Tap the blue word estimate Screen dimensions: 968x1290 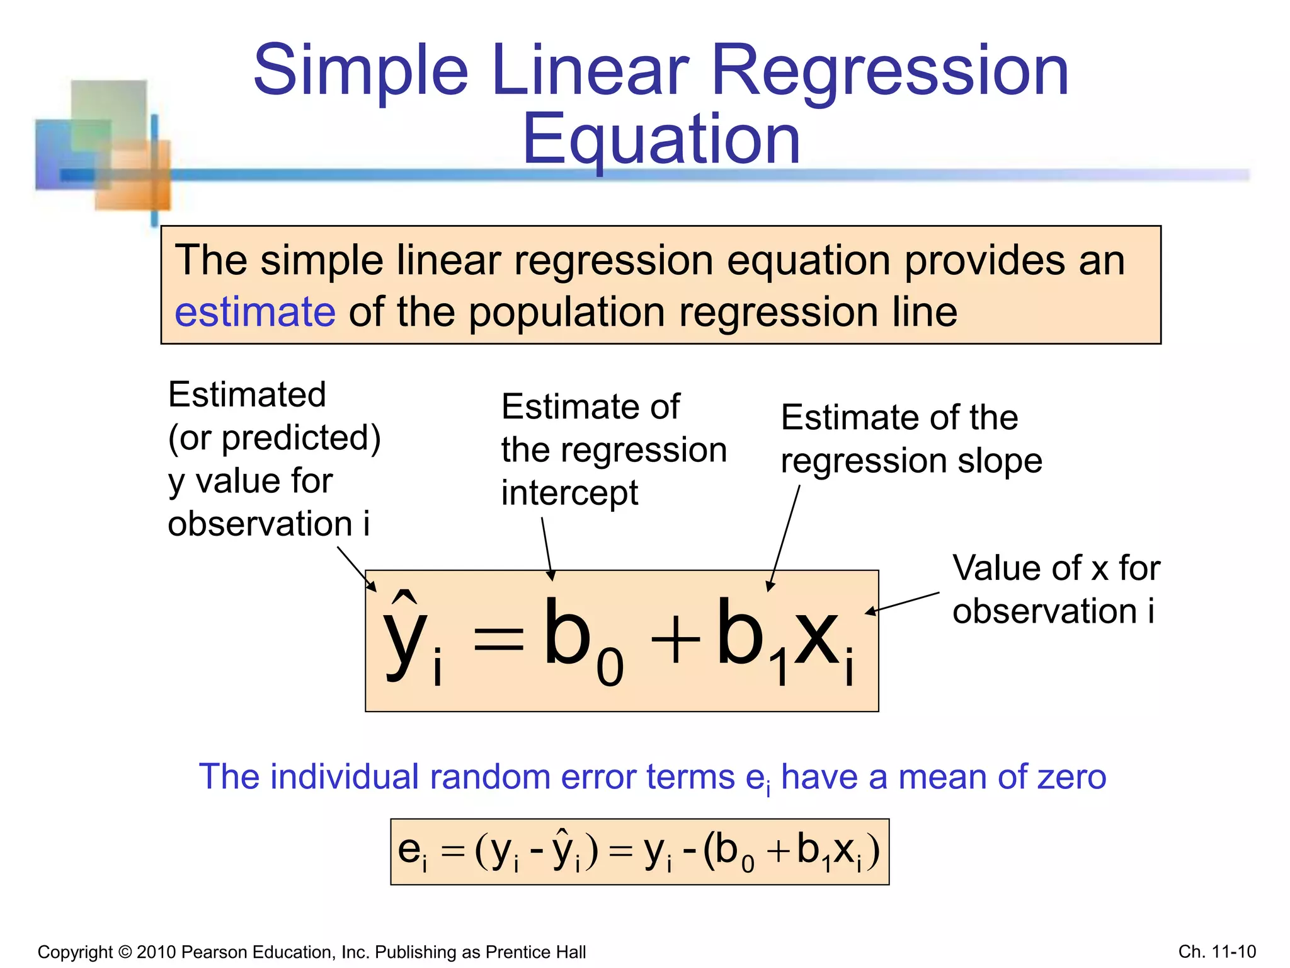point(254,312)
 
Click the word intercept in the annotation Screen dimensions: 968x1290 point(569,493)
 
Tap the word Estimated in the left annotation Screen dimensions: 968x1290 point(247,395)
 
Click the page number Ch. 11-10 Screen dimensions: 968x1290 point(1216,952)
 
